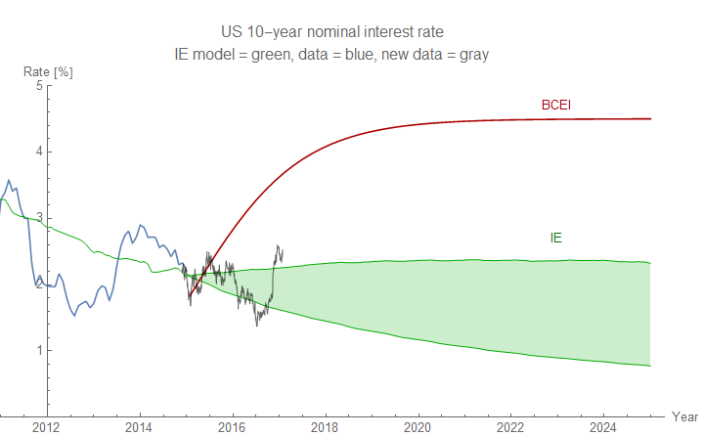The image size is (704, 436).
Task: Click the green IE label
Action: pos(556,237)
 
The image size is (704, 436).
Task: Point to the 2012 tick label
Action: pos(46,426)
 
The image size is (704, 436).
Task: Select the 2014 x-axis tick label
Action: pos(139,426)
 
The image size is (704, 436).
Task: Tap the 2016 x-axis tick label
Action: pos(232,426)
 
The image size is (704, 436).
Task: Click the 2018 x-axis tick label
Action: pos(325,426)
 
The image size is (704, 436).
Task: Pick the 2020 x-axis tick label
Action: pos(418,426)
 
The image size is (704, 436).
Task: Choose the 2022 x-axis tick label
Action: pos(510,426)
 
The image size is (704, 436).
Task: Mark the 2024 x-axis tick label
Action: pos(603,426)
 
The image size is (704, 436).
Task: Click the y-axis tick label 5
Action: pos(39,85)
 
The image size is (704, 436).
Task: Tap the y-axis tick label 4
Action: pos(39,152)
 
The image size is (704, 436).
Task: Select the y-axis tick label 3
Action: pos(39,218)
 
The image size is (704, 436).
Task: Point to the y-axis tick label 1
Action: pos(39,351)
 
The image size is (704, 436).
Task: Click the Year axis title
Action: pos(684,416)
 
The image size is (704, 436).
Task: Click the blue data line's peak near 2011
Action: pos(8,180)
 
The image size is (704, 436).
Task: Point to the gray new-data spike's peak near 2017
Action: pos(278,245)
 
